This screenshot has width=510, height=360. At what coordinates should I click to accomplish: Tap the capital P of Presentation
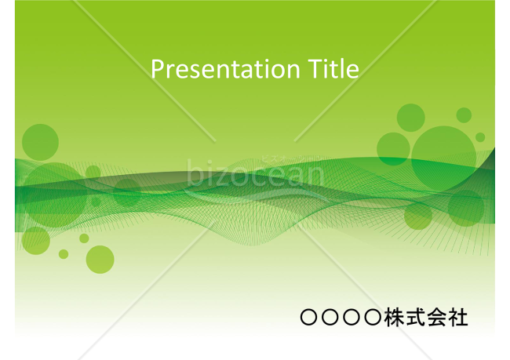click(x=155, y=70)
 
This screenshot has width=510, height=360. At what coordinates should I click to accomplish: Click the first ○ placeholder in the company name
click(x=309, y=318)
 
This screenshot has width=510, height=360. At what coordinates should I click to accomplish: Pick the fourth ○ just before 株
click(x=373, y=318)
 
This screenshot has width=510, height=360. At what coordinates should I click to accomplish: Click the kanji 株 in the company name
click(x=394, y=318)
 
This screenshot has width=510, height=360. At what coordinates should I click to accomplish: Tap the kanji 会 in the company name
click(x=436, y=318)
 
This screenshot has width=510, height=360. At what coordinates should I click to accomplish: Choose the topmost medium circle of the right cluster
click(x=410, y=117)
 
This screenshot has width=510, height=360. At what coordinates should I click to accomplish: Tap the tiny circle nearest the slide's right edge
click(x=480, y=137)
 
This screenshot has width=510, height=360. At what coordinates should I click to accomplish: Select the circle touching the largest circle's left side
click(x=393, y=148)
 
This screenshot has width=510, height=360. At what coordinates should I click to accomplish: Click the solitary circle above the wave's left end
click(x=40, y=142)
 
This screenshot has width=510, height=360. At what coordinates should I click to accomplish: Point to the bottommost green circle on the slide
click(x=100, y=259)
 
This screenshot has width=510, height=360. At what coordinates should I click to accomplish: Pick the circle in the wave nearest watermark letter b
click(x=126, y=193)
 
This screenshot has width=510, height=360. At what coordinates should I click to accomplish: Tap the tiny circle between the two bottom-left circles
click(x=64, y=253)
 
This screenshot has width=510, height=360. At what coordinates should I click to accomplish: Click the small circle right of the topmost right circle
click(x=464, y=115)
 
